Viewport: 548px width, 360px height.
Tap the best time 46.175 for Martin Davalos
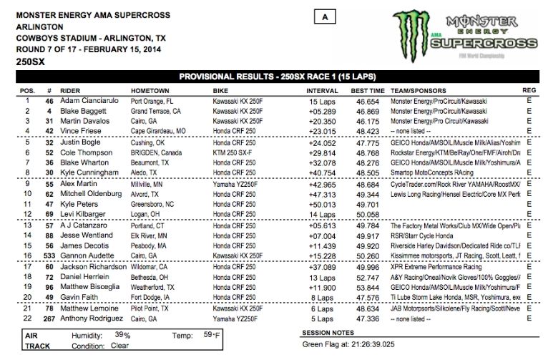tap(363, 122)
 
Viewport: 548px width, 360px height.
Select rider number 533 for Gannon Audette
tap(49, 254)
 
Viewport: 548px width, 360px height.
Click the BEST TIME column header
tap(367, 91)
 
